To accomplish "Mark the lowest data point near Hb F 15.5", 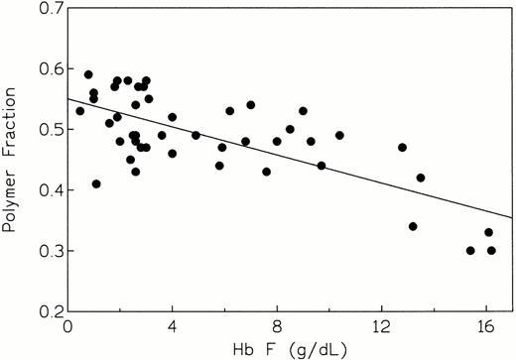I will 470,250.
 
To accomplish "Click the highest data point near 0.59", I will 88,74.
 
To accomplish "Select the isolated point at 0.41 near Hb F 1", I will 96,183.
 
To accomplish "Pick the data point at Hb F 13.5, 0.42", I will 421,178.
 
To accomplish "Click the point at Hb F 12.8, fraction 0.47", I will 402,148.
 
